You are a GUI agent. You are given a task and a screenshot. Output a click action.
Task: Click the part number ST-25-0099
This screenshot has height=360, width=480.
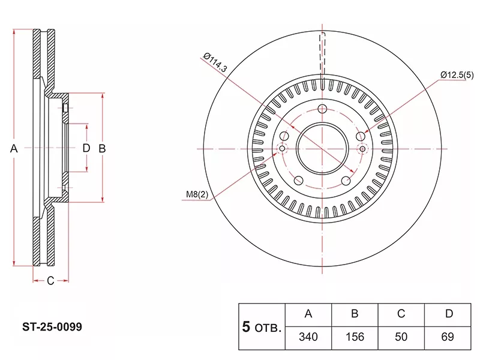pos(52,328)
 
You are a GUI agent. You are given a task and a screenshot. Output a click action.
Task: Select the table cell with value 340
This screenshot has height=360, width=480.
pos(308,337)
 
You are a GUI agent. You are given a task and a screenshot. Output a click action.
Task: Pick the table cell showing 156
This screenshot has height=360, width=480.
pos(355,337)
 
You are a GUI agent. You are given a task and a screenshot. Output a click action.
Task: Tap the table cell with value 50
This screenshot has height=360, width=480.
pos(401,337)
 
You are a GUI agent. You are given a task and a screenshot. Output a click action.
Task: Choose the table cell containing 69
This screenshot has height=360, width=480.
pos(448,337)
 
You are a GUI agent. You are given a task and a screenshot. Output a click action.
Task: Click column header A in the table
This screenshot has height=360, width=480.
pos(308,314)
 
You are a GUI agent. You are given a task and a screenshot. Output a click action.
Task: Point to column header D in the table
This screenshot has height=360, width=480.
pos(448,314)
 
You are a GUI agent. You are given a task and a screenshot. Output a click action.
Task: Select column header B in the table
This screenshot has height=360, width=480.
pos(355,314)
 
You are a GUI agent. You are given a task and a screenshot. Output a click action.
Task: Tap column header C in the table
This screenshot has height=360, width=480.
pos(401,314)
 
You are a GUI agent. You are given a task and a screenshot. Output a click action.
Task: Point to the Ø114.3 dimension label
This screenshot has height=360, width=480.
pos(215,62)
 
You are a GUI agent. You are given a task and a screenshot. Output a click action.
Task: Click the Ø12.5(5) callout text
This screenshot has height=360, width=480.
pos(457,74)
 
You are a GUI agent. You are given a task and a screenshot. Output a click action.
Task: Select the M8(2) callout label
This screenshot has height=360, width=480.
pos(196,194)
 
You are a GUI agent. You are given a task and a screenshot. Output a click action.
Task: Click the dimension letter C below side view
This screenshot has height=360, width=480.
pos(50,280)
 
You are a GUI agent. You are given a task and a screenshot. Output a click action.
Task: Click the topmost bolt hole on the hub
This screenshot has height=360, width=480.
pos(322,109)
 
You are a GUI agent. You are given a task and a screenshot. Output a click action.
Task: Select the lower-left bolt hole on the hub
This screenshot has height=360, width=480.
pos(298,181)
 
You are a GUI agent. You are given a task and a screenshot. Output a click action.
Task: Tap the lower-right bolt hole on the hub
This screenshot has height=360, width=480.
pos(346,181)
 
